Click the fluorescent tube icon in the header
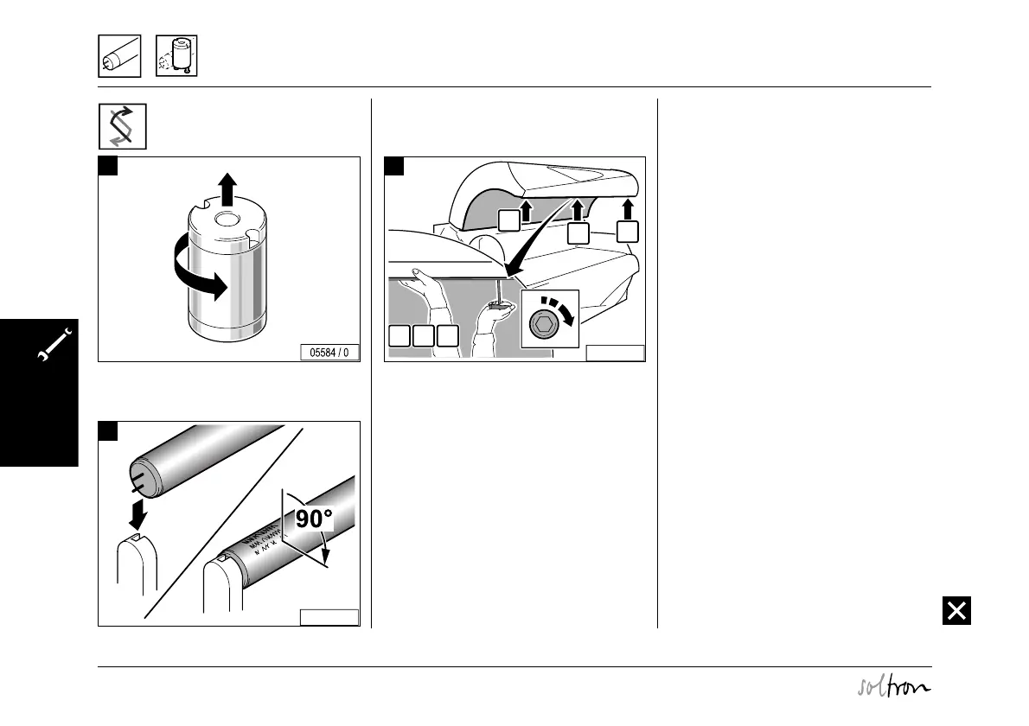(x=119, y=56)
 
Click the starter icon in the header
(x=177, y=56)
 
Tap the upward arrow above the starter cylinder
(x=227, y=187)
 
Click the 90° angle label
(x=315, y=519)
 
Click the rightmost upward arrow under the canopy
(x=630, y=210)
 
